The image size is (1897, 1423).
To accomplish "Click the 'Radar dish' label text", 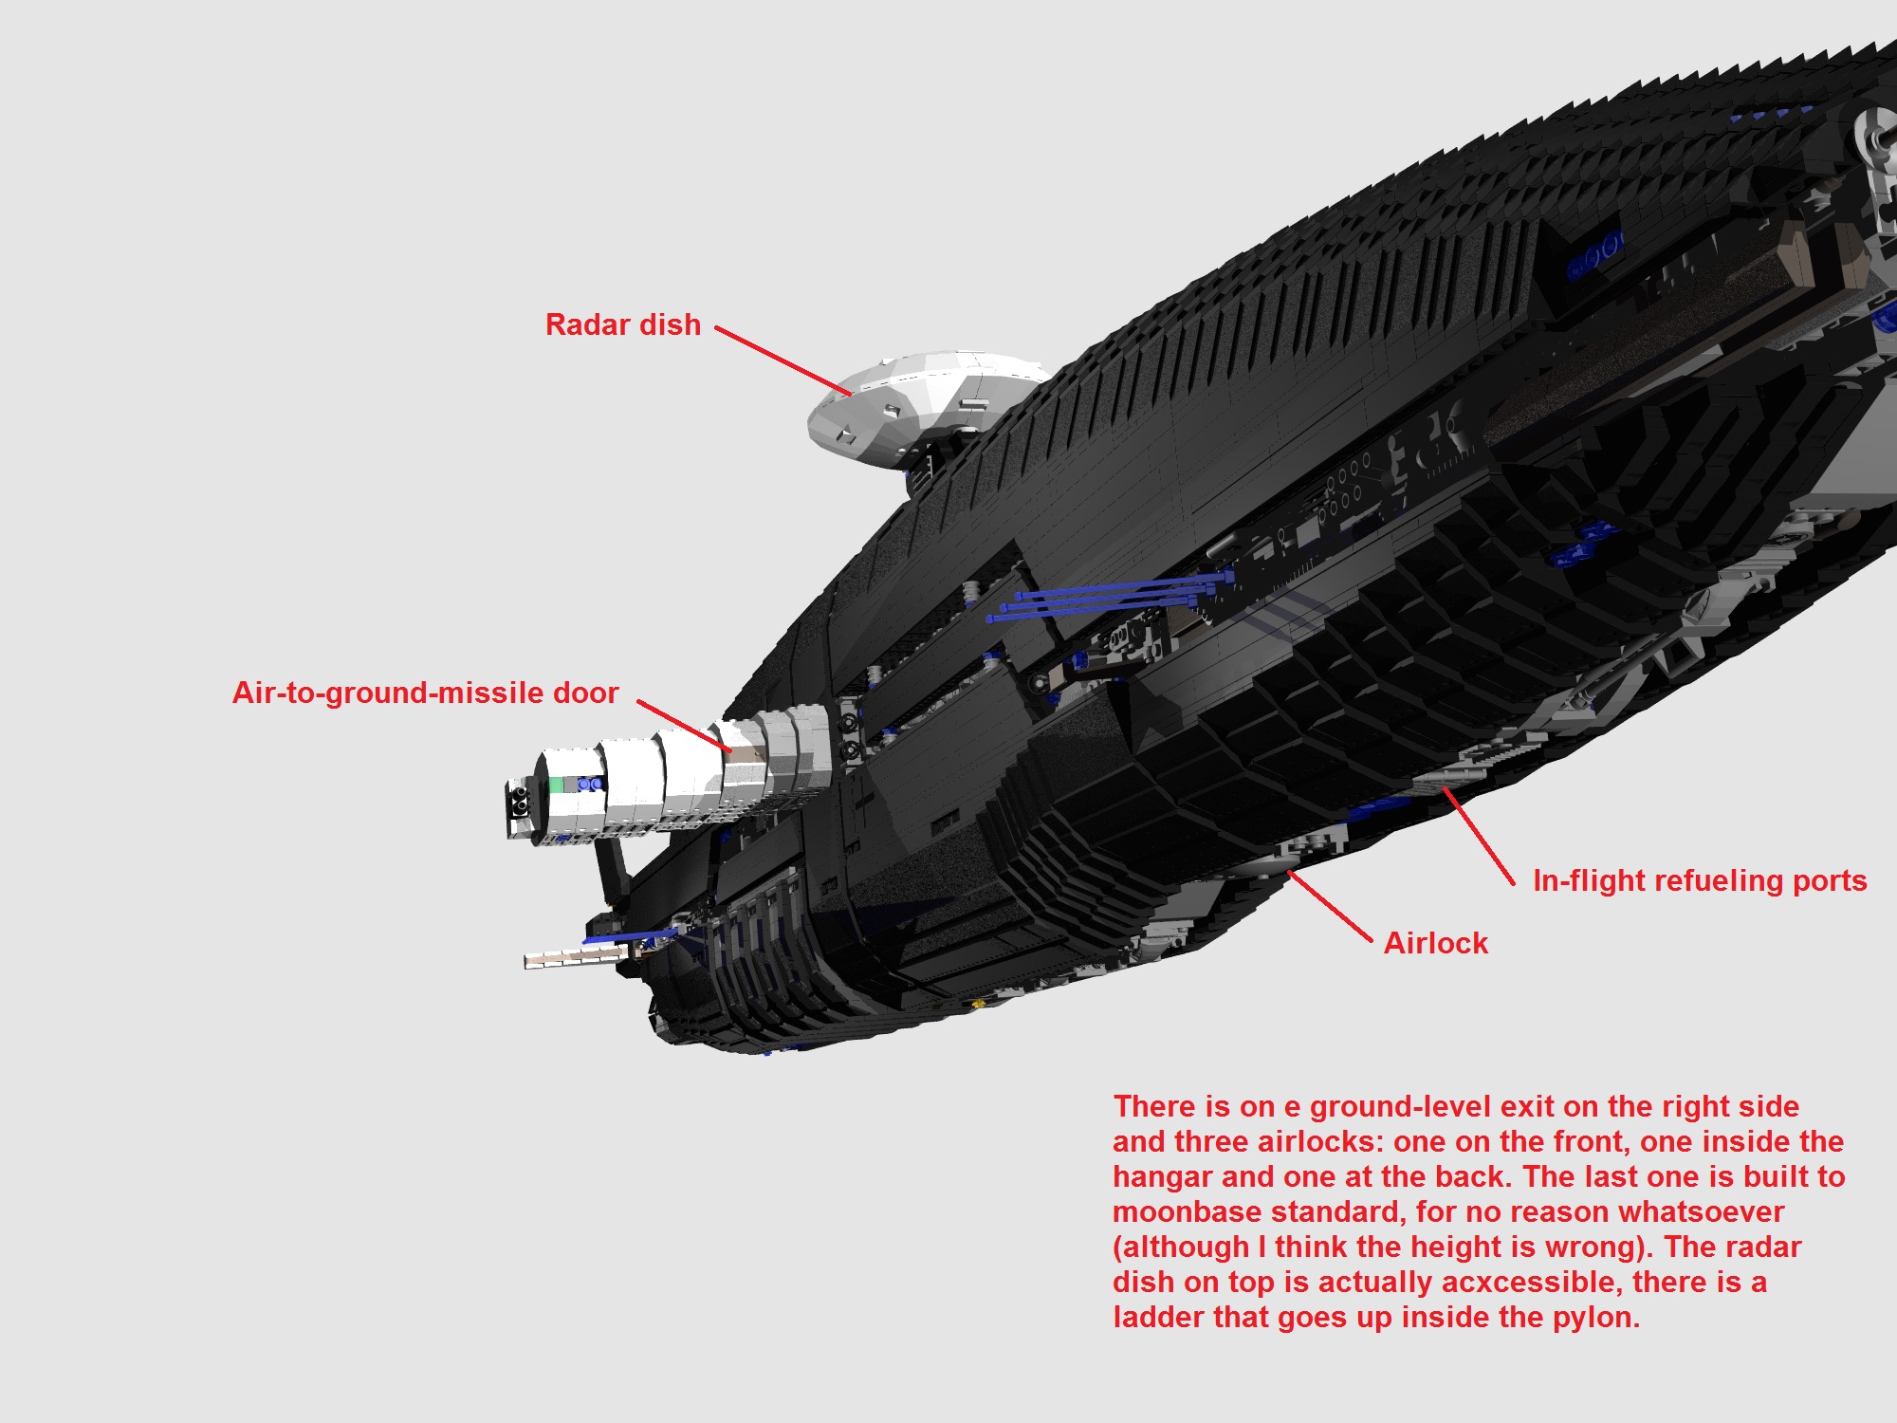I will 622,325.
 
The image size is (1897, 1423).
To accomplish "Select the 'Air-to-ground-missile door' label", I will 425,693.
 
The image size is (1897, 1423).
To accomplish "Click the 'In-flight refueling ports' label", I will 1700,881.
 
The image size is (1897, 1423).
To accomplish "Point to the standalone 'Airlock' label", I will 1435,944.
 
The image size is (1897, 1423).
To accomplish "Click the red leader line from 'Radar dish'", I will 783,360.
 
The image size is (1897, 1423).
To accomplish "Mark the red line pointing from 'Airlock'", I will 1330,906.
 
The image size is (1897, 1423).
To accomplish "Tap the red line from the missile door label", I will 683,726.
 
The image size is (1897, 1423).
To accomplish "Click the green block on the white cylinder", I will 557,785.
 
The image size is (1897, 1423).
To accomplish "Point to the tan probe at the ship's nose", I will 569,959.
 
